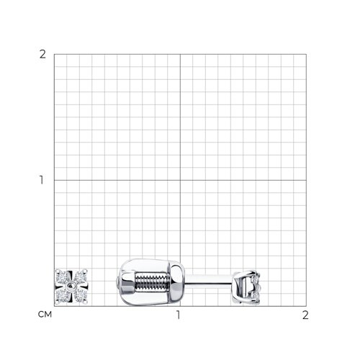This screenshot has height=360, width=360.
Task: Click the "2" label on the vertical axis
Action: [x=42, y=55]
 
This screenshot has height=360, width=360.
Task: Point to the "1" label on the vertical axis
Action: [x=42, y=180]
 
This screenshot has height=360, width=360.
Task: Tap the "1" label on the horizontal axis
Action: [x=179, y=315]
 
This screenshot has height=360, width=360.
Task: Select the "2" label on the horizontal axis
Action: [x=305, y=315]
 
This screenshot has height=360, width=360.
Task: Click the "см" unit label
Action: [x=45, y=315]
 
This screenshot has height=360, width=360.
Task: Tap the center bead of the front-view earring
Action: [x=71, y=286]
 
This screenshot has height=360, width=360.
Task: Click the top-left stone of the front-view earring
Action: [x=62, y=278]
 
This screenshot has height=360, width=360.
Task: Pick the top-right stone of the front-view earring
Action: [x=80, y=278]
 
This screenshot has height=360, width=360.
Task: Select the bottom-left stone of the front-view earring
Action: [x=62, y=296]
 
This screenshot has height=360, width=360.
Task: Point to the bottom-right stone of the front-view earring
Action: [x=80, y=296]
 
